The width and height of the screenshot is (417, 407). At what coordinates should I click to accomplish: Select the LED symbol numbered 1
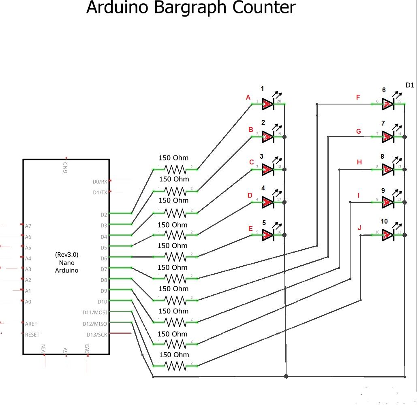[268, 104]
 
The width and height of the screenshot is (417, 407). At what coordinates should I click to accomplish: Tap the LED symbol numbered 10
[388, 234]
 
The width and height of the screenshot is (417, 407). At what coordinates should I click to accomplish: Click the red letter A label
[248, 98]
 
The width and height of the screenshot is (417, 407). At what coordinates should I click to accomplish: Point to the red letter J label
[359, 228]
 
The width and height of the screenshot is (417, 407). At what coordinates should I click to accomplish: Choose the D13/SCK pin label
[97, 335]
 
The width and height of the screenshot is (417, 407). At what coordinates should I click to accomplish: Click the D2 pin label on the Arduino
[104, 215]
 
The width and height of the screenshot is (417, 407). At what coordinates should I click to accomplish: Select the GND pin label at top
[66, 167]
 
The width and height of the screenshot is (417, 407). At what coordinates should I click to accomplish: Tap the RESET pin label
[32, 335]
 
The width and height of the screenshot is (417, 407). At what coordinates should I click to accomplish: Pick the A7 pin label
[28, 226]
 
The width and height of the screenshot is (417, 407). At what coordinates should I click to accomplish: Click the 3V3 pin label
[87, 349]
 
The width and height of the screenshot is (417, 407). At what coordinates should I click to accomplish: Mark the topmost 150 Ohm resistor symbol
[175, 168]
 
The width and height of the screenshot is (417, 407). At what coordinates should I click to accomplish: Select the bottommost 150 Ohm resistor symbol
[175, 366]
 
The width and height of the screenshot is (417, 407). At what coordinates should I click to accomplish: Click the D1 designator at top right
[410, 85]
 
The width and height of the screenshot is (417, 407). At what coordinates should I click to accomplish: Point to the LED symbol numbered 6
[388, 104]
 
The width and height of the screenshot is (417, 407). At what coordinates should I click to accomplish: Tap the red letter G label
[358, 131]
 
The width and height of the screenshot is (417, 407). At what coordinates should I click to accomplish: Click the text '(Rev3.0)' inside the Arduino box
[66, 255]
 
